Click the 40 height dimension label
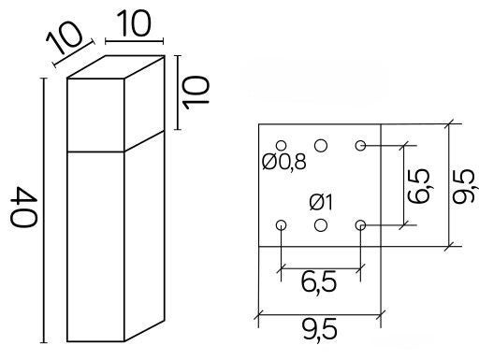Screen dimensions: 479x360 click(24, 208)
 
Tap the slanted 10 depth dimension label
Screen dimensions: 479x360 click(65, 37)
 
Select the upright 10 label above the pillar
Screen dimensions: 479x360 click(135, 23)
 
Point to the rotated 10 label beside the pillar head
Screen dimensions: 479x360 click(196, 93)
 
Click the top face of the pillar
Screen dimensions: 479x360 click(116, 66)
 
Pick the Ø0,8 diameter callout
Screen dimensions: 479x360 click(283, 162)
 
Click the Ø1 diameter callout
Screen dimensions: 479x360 click(321, 203)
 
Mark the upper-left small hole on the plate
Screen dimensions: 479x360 click(282, 146)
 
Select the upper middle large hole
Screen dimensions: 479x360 click(321, 146)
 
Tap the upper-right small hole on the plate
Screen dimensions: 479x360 click(360, 146)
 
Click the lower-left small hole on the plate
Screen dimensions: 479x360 click(282, 224)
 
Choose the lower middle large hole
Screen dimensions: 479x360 click(321, 225)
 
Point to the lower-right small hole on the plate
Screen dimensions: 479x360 click(360, 224)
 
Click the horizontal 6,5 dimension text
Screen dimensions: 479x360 click(319, 281)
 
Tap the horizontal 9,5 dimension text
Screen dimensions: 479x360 click(320, 330)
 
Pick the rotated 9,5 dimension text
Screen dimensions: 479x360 click(465, 186)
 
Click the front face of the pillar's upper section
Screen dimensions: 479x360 click(95, 115)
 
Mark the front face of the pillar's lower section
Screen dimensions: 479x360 click(95, 247)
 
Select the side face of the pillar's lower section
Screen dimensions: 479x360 click(144, 236)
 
